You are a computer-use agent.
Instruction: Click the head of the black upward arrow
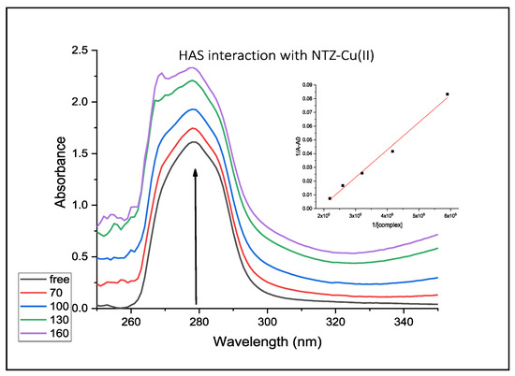pos(195,170)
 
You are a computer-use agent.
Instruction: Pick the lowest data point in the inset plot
pos(330,198)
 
